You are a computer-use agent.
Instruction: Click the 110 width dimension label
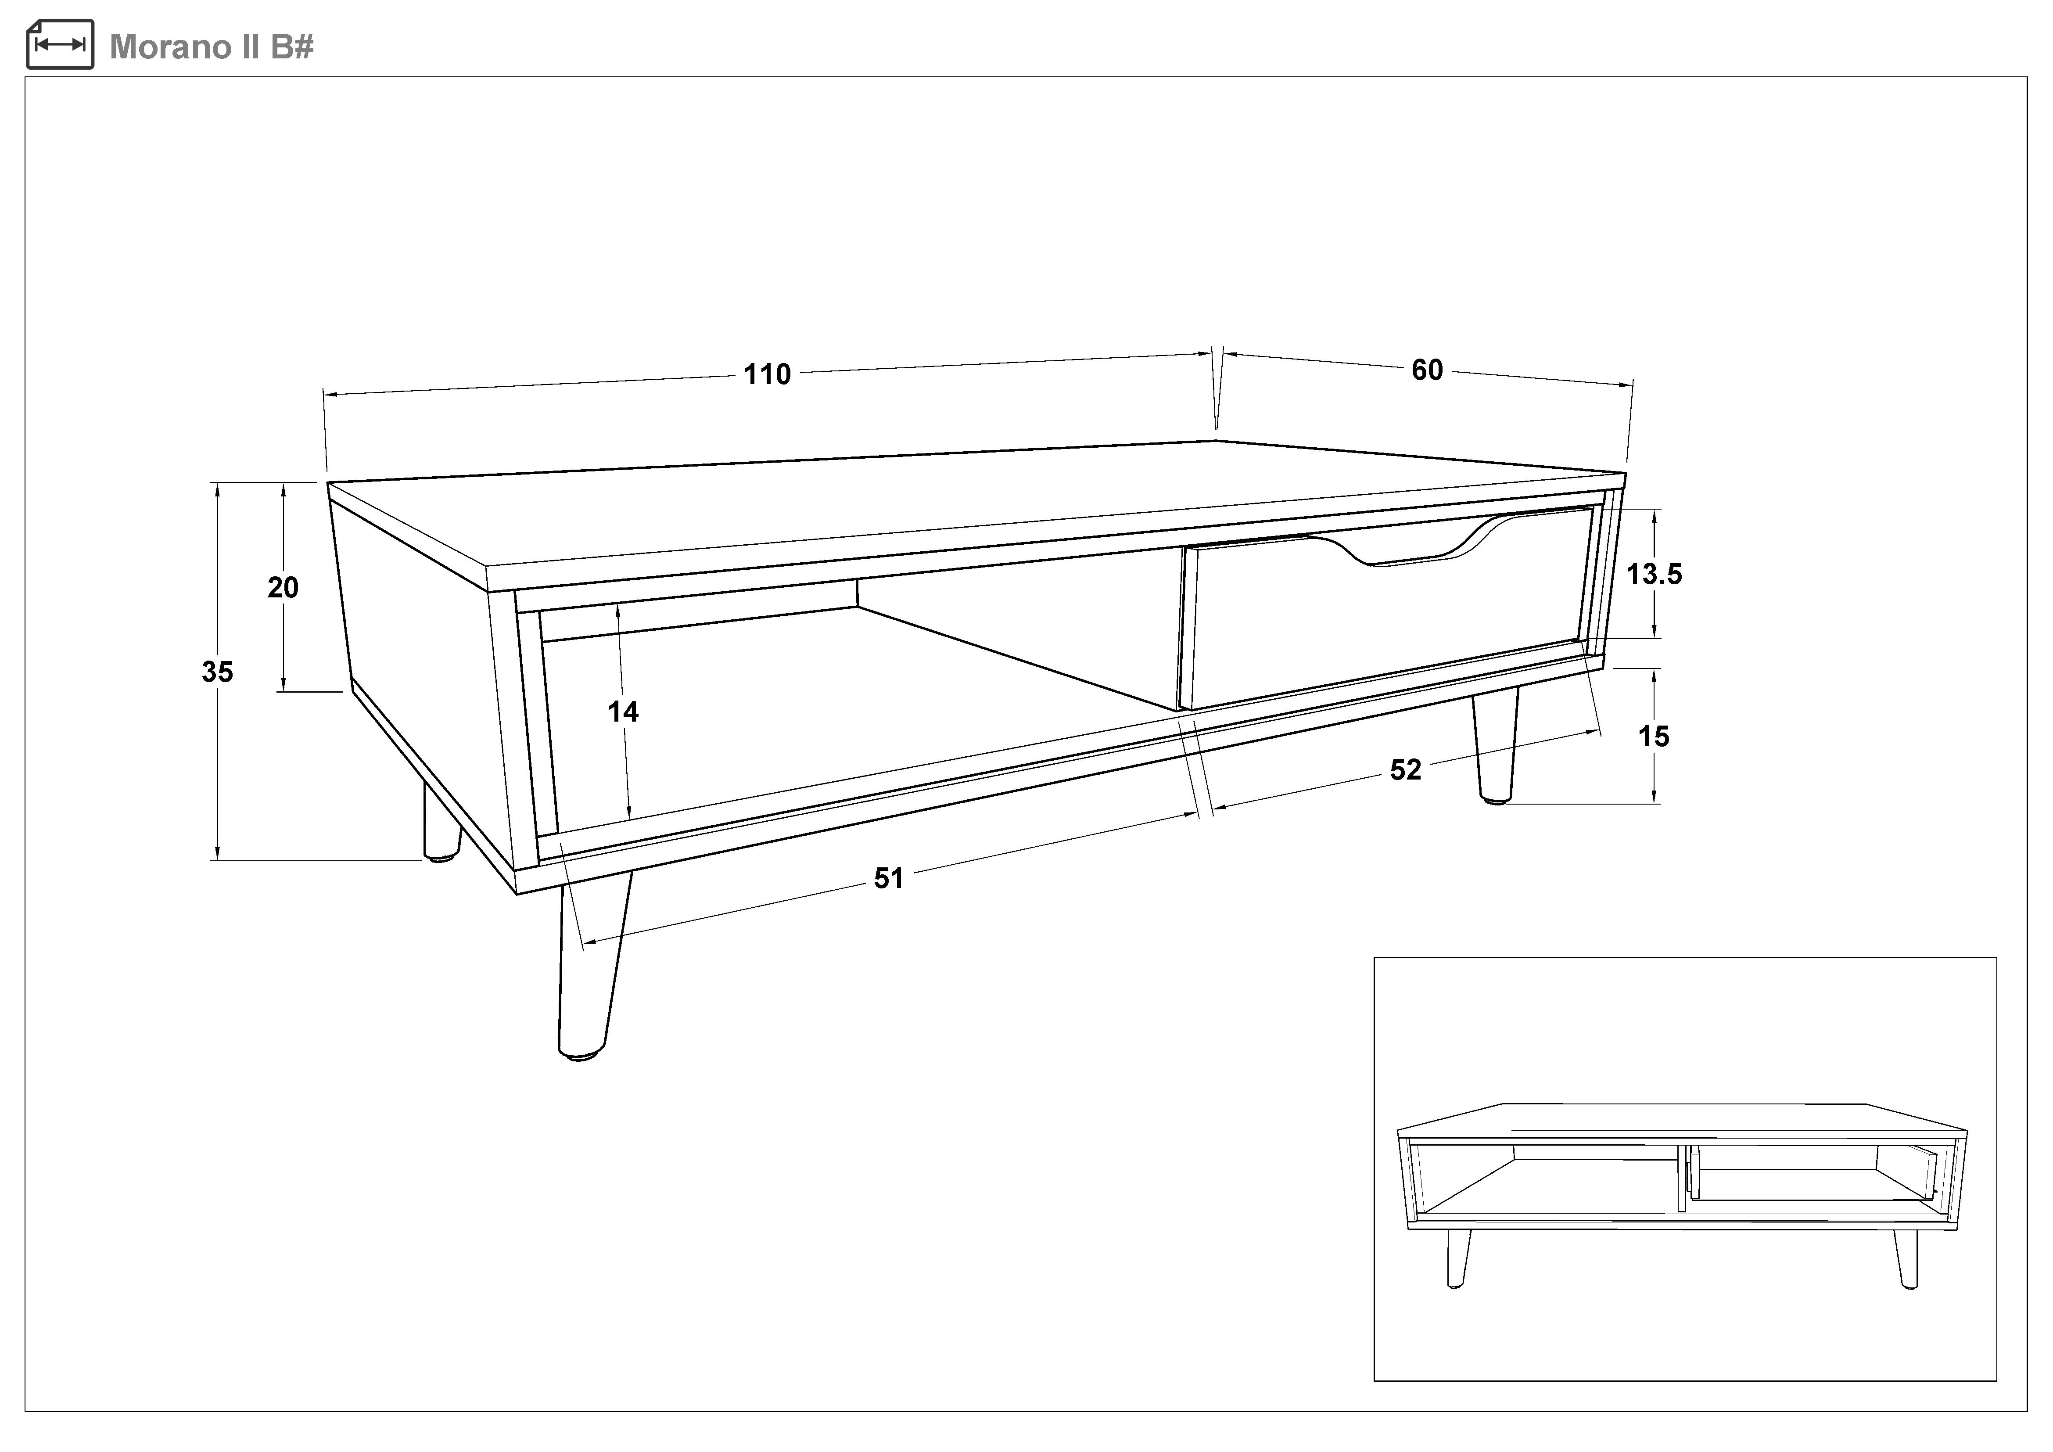point(767,374)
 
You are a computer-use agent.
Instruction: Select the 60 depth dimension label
point(1427,370)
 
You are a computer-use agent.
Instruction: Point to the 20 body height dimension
point(284,587)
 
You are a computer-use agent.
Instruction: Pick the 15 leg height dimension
point(1653,737)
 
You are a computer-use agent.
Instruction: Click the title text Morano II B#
point(212,47)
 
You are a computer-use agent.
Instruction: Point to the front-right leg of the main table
point(1495,747)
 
